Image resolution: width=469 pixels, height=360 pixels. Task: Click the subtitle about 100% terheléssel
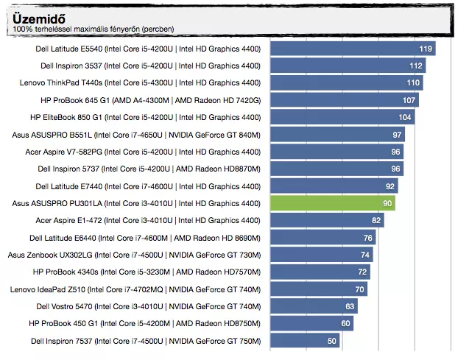click(x=94, y=29)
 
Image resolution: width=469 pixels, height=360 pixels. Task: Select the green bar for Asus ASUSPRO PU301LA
click(x=333, y=203)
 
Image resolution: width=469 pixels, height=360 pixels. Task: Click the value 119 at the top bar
click(x=425, y=49)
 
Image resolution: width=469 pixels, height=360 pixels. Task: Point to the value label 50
click(x=331, y=341)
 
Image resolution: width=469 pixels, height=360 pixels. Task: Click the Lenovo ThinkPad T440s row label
click(x=140, y=83)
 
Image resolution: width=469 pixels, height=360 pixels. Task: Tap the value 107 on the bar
click(x=409, y=100)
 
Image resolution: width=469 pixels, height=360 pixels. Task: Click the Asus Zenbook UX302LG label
click(x=134, y=255)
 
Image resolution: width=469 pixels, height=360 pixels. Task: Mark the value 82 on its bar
click(x=376, y=220)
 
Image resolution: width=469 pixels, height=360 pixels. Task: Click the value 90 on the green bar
click(x=387, y=203)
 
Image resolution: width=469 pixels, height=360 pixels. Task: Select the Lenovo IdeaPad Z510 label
click(x=135, y=289)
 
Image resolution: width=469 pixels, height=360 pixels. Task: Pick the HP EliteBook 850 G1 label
click(x=145, y=117)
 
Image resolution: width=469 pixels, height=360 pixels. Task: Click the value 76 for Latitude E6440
click(x=367, y=238)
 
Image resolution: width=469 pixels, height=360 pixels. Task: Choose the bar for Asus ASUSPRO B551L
click(x=331, y=135)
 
